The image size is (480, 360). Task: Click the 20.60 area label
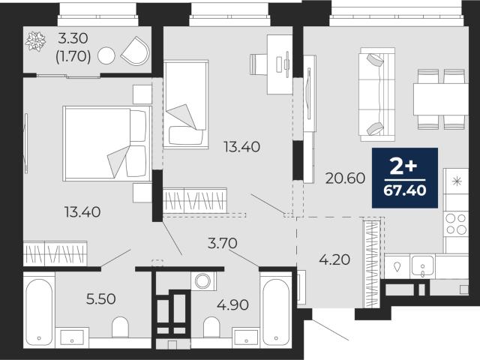pos(345,178)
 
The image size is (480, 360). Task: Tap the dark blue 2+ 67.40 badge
pos(405,178)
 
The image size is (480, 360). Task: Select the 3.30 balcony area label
pos(73,38)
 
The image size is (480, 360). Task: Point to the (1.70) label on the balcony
pos(73,56)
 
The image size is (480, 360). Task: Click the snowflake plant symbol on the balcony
pos(35,42)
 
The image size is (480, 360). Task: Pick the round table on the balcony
pos(106,56)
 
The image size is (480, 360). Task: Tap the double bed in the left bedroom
pos(107,143)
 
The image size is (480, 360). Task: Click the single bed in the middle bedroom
pos(186,104)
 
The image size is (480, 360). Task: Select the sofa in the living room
pos(377,94)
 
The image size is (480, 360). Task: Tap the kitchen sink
pos(422,265)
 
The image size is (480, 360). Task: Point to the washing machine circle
pos(202,281)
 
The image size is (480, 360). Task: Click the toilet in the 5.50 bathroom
pos(120,327)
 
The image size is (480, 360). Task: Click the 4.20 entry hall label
pos(334,260)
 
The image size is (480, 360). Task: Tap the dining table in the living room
pos(441,99)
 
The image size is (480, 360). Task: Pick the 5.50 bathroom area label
pos(101,299)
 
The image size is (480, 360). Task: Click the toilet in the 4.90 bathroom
pos(211,327)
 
